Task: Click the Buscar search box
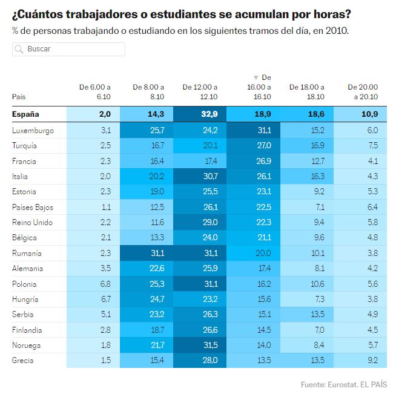[68, 49]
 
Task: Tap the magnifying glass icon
[19, 49]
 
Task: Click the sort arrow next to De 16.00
[256, 77]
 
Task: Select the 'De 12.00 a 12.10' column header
[200, 92]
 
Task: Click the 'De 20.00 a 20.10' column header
[363, 92]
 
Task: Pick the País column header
[19, 97]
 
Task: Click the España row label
[25, 114]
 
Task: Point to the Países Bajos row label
[33, 208]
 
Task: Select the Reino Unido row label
[32, 223]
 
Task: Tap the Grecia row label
[23, 361]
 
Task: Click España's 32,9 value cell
[200, 114]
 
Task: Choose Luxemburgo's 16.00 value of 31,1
[253, 130]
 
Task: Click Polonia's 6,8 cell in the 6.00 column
[93, 284]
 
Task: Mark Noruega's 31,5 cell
[200, 345]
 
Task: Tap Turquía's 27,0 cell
[253, 146]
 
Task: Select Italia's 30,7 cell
[200, 176]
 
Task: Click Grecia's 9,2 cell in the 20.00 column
[360, 360]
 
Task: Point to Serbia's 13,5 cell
[306, 314]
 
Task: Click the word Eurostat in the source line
[342, 384]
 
